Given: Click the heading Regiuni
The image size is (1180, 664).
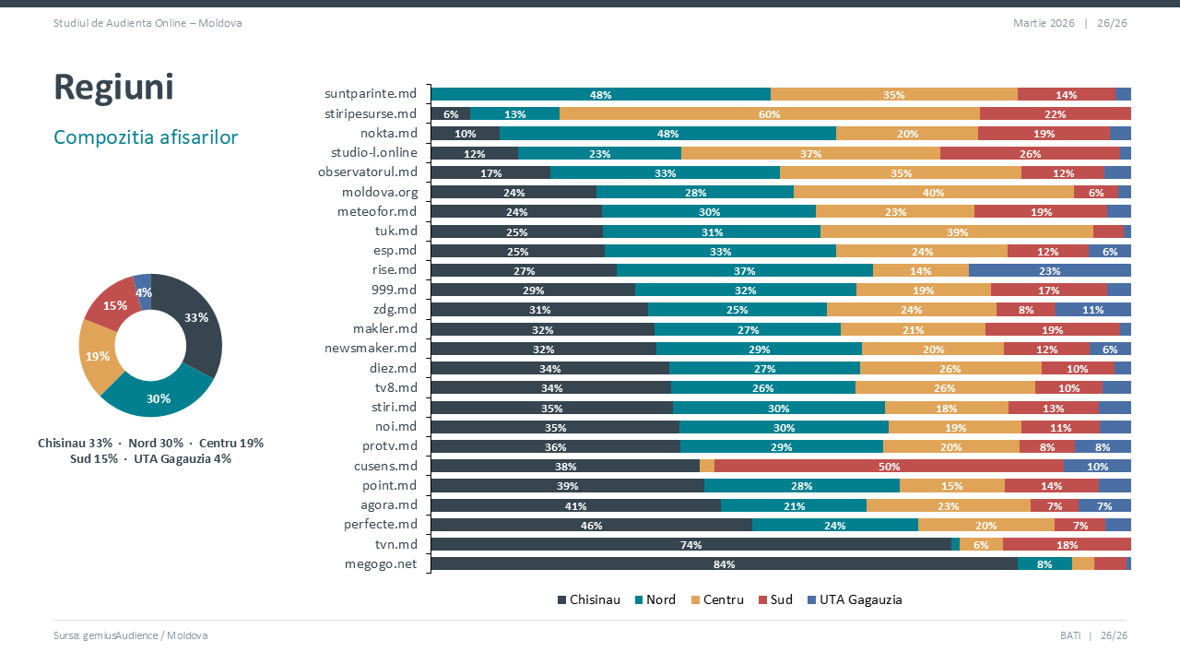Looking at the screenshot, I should point(114,88).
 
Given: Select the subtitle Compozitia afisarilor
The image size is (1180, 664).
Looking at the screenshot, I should point(146,137).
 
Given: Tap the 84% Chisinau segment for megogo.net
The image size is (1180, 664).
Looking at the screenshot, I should point(724,564).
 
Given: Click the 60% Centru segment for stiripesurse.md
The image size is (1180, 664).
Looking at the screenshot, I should point(769,114).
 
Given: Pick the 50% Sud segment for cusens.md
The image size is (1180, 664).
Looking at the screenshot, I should point(889,467).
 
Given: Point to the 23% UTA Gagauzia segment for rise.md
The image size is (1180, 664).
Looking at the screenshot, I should point(1049,271).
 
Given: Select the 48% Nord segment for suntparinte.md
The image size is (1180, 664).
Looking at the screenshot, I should point(600,95).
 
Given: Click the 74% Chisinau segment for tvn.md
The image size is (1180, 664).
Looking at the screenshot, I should point(690,545).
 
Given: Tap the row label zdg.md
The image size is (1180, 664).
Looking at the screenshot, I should point(395,309).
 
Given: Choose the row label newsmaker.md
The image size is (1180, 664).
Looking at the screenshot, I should point(371,348).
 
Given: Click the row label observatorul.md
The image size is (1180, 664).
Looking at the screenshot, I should point(367,172).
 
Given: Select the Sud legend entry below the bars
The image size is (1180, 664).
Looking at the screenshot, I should point(775,599).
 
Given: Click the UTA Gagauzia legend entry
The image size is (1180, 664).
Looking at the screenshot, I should point(854,599).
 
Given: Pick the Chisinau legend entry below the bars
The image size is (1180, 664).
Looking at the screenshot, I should point(588,599).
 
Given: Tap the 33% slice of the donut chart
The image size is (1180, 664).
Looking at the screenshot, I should point(196,318).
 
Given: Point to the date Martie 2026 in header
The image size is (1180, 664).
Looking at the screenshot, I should point(1044,23).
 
